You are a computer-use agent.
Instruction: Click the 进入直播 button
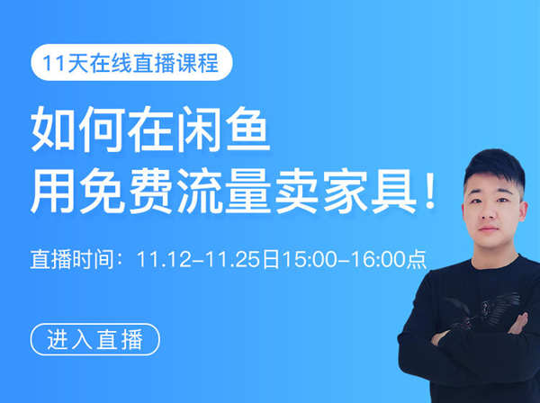click(x=95, y=339)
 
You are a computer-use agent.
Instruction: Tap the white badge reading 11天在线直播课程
click(x=131, y=63)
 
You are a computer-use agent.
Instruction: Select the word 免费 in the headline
click(x=126, y=192)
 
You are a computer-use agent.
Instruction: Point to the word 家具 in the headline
click(x=370, y=192)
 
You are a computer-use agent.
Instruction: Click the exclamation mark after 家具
click(x=430, y=192)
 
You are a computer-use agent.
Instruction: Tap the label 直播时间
click(x=72, y=259)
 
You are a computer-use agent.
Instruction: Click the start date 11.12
click(x=163, y=259)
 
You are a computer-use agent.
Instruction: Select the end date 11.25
click(x=233, y=259)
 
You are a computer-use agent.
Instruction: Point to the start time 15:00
click(x=310, y=259)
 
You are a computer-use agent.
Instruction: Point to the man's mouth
click(x=489, y=229)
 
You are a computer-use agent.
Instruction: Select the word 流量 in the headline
click(x=224, y=192)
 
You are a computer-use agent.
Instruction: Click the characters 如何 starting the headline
click(x=77, y=129)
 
